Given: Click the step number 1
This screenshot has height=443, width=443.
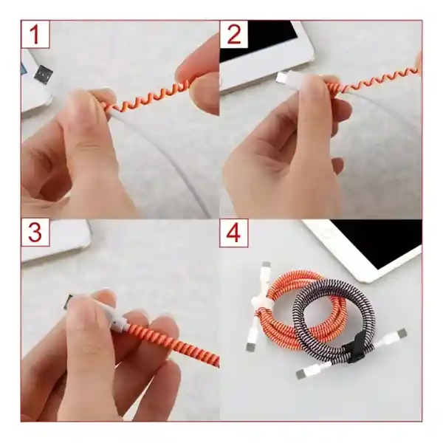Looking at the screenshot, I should [35, 35].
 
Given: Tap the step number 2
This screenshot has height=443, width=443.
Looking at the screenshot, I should [234, 35].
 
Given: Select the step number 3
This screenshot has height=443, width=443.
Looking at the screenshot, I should [35, 233].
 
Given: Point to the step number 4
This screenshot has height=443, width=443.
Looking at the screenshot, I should [234, 233].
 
